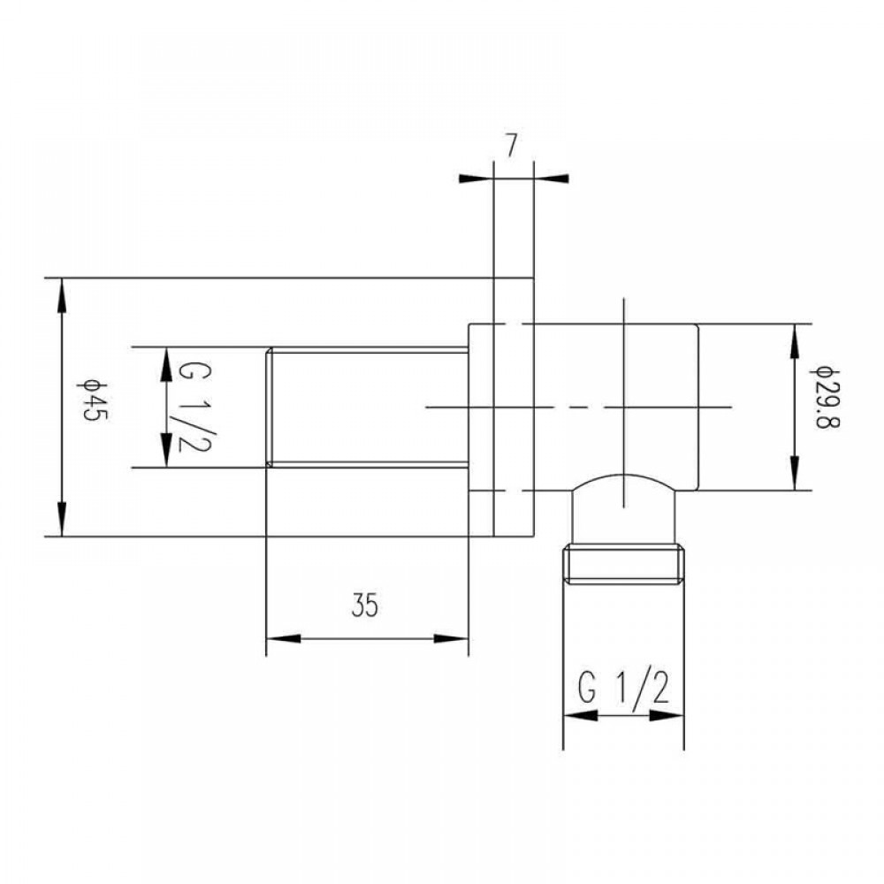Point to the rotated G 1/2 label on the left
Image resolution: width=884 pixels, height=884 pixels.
(186, 407)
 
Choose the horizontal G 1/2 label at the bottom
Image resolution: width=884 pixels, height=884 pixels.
(624, 686)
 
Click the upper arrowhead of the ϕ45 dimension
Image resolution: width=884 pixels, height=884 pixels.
(61, 294)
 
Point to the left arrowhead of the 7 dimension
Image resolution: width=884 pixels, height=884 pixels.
(475, 179)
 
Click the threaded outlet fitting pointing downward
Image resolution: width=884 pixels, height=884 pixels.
(624, 566)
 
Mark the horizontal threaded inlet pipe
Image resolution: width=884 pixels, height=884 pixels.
(367, 406)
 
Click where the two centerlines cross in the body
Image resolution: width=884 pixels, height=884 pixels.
(624, 407)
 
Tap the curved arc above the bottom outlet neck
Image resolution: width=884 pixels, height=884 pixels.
(624, 476)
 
